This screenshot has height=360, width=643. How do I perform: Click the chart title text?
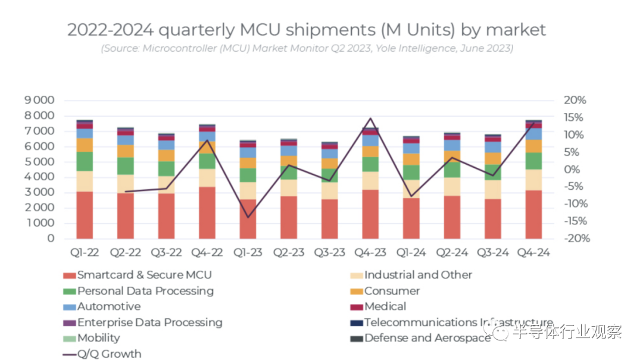click(306, 30)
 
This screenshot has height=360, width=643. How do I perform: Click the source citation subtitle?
click(306, 48)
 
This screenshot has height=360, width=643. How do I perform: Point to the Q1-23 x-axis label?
click(248, 252)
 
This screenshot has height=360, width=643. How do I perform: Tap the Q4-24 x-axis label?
click(533, 252)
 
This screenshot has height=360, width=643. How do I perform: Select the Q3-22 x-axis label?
click(166, 252)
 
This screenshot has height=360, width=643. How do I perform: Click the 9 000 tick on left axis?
click(39, 100)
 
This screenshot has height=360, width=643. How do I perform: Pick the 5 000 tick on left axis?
click(39, 162)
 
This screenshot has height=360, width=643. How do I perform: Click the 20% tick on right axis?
click(576, 100)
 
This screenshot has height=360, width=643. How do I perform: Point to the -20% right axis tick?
click(575, 238)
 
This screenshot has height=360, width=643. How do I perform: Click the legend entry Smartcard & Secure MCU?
click(144, 275)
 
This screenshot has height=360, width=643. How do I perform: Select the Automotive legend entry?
click(109, 306)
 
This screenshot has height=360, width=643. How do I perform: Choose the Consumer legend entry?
click(392, 291)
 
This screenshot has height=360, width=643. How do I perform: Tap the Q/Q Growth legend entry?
click(109, 354)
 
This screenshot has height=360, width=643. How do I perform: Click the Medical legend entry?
click(385, 306)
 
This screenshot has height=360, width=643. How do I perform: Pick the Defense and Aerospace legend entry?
click(427, 338)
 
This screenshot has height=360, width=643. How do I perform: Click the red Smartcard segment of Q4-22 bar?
click(207, 212)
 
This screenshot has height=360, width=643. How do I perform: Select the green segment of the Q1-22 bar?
click(85, 161)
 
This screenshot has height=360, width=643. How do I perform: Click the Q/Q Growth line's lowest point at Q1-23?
click(248, 217)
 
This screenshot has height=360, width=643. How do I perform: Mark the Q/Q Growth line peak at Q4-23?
click(370, 118)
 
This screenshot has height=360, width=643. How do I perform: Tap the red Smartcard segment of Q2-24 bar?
click(452, 217)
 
